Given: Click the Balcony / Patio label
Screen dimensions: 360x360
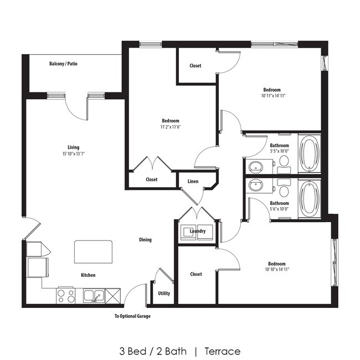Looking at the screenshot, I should [x=63, y=64].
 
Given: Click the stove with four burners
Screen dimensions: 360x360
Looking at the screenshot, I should [x=66, y=295].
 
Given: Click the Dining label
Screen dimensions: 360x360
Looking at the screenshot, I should [x=145, y=240].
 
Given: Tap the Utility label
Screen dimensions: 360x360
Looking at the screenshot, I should [x=164, y=294].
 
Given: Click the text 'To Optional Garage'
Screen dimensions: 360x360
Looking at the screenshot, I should [x=132, y=316].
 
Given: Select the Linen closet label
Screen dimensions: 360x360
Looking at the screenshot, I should [x=193, y=182].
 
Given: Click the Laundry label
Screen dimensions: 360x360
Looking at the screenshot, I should [x=198, y=231].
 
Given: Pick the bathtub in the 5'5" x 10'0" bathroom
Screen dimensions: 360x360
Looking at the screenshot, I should [x=308, y=152].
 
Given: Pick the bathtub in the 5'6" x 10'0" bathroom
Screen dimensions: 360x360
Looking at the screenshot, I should [x=308, y=197].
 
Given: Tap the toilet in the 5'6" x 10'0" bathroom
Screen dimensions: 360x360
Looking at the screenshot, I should [x=284, y=191].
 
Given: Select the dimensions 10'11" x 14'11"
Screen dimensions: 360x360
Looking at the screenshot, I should [x=272, y=96].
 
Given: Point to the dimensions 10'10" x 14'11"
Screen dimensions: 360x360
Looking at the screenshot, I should [x=277, y=270].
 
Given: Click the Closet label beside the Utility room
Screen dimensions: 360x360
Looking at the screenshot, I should [x=196, y=274].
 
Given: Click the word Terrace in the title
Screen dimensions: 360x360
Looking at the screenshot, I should [x=222, y=351].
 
